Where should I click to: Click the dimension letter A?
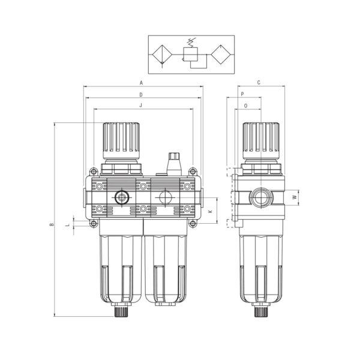pos(141,83)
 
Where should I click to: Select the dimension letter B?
pos(52,224)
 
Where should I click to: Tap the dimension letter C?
pos(259,83)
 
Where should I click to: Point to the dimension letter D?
pos(141,95)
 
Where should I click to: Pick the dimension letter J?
pos(141,106)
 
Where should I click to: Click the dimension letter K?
pos(210,211)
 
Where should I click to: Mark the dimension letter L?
pos(68,225)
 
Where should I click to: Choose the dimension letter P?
pos(242,94)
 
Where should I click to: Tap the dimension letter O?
pos(245,106)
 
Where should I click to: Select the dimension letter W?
pos(295,197)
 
